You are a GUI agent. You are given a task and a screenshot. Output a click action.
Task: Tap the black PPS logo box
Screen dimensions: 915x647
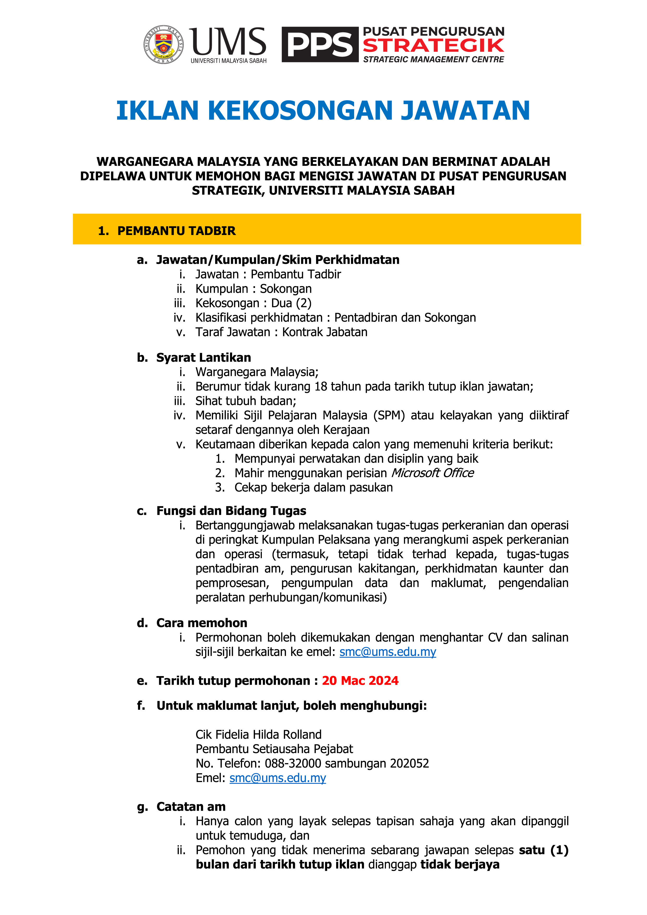tap(320, 45)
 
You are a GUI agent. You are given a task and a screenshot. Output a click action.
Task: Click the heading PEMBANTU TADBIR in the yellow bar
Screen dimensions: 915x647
tap(177, 231)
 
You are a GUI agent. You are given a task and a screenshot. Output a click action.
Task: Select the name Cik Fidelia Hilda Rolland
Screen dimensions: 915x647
tap(258, 735)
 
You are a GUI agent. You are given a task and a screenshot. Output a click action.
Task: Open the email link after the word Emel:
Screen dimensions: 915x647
tap(278, 778)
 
